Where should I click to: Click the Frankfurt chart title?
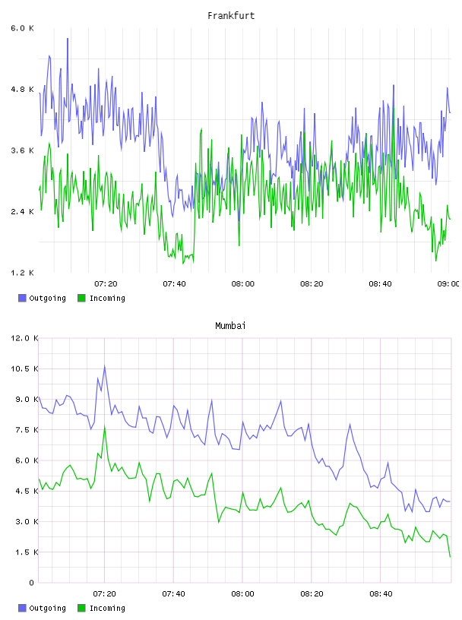click(x=231, y=16)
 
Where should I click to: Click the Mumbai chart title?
click(x=230, y=326)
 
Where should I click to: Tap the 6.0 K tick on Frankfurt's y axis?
click(x=22, y=28)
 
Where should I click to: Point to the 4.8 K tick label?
click(x=22, y=90)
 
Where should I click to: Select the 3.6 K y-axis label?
click(x=22, y=150)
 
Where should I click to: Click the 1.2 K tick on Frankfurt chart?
click(x=22, y=273)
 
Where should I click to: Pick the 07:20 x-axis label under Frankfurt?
click(x=106, y=284)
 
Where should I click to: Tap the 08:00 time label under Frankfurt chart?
click(x=243, y=284)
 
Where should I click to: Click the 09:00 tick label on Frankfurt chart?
click(x=448, y=284)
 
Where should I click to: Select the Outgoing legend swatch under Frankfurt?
click(x=22, y=298)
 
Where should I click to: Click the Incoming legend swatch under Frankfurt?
click(x=81, y=298)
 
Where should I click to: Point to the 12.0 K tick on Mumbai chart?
click(x=24, y=338)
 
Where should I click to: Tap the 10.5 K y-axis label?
click(x=24, y=369)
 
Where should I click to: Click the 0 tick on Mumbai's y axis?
click(x=32, y=583)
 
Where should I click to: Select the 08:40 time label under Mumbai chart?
click(x=381, y=594)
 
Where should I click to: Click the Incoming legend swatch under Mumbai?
click(x=81, y=608)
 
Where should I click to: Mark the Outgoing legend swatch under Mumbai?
click(x=22, y=608)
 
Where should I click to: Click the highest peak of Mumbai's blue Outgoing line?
click(x=104, y=365)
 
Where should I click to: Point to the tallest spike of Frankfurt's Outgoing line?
click(x=68, y=39)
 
